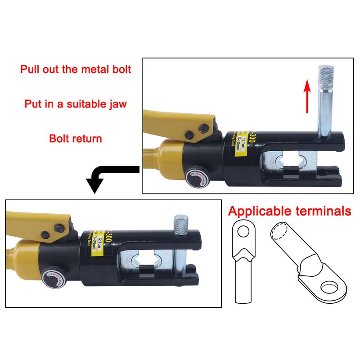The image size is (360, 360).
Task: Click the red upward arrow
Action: (307, 95)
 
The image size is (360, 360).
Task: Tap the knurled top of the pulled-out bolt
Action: (325, 77)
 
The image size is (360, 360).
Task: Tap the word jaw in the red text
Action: (115, 104)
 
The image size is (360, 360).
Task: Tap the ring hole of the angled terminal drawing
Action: (331, 287)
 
